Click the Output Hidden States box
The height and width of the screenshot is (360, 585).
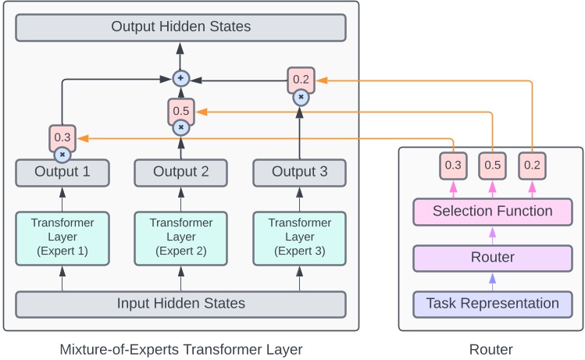[x=180, y=27]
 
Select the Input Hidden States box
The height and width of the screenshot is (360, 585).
[x=180, y=304]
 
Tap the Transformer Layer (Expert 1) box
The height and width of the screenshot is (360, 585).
[x=62, y=237]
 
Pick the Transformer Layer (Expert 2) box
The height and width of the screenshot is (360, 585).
[x=180, y=237]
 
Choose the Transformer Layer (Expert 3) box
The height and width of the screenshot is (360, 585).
[x=299, y=237]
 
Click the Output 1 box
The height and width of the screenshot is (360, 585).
[x=62, y=173]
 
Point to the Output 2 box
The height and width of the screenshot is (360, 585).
[x=180, y=173]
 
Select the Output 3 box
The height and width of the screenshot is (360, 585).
[x=299, y=173]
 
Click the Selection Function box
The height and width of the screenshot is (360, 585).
[x=492, y=212]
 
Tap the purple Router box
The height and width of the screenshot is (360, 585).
[x=492, y=258]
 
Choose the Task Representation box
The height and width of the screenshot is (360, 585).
[x=492, y=304]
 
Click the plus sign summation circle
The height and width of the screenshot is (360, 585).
[x=180, y=78]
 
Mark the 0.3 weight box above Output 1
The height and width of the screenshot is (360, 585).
[x=62, y=137]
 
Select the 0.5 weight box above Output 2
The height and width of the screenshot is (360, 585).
[x=180, y=111]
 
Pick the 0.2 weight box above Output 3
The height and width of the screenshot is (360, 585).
[x=301, y=79]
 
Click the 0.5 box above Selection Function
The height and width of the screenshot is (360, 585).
[x=492, y=166]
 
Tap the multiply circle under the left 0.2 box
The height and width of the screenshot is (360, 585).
[x=301, y=98]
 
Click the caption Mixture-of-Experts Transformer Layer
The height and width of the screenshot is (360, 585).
[x=180, y=349]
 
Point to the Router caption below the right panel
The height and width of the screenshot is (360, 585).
[x=491, y=349]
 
